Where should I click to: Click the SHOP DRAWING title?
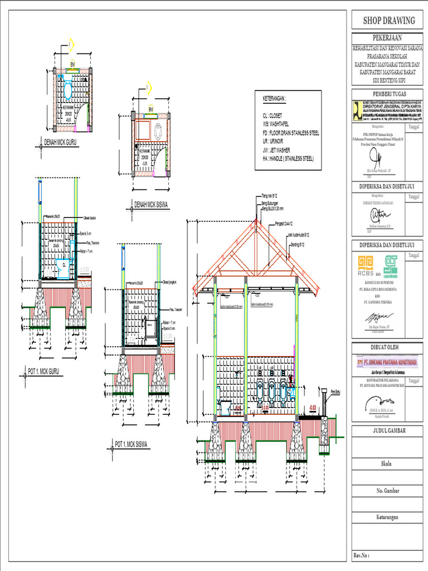click(389, 21)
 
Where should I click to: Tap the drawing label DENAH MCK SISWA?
click(150, 206)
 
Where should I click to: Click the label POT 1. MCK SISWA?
click(134, 444)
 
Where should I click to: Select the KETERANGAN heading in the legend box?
click(274, 99)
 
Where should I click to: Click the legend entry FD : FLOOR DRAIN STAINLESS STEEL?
click(291, 134)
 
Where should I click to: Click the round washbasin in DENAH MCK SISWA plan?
click(158, 132)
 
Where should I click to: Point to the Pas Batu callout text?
click(334, 391)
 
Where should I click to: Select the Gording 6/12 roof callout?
click(298, 244)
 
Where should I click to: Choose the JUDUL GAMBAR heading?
click(389, 430)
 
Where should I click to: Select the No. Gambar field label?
click(388, 491)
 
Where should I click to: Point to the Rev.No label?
click(361, 555)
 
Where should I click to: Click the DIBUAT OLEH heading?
click(389, 347)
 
